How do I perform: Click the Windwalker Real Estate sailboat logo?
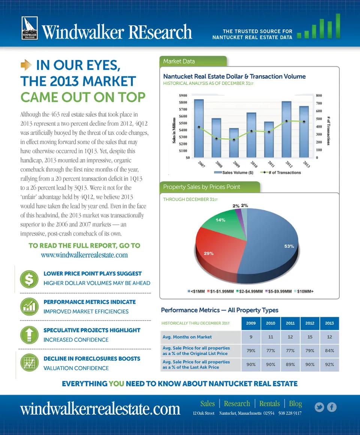(x=29, y=28)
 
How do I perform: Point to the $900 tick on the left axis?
(x=183, y=95)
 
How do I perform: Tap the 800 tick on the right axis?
(x=319, y=95)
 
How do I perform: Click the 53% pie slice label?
(x=289, y=246)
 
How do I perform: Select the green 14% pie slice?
(x=223, y=225)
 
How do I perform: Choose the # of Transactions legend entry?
(x=282, y=172)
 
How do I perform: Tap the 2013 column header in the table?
(x=329, y=323)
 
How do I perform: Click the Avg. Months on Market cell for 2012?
(x=310, y=337)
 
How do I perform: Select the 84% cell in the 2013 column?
(x=329, y=351)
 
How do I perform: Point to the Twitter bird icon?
(x=319, y=407)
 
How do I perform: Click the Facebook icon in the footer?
(x=332, y=407)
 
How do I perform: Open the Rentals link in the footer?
(x=269, y=403)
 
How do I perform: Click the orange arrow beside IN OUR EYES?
(x=26, y=66)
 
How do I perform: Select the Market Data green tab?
(x=193, y=61)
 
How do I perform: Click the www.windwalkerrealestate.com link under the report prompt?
(x=84, y=255)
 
